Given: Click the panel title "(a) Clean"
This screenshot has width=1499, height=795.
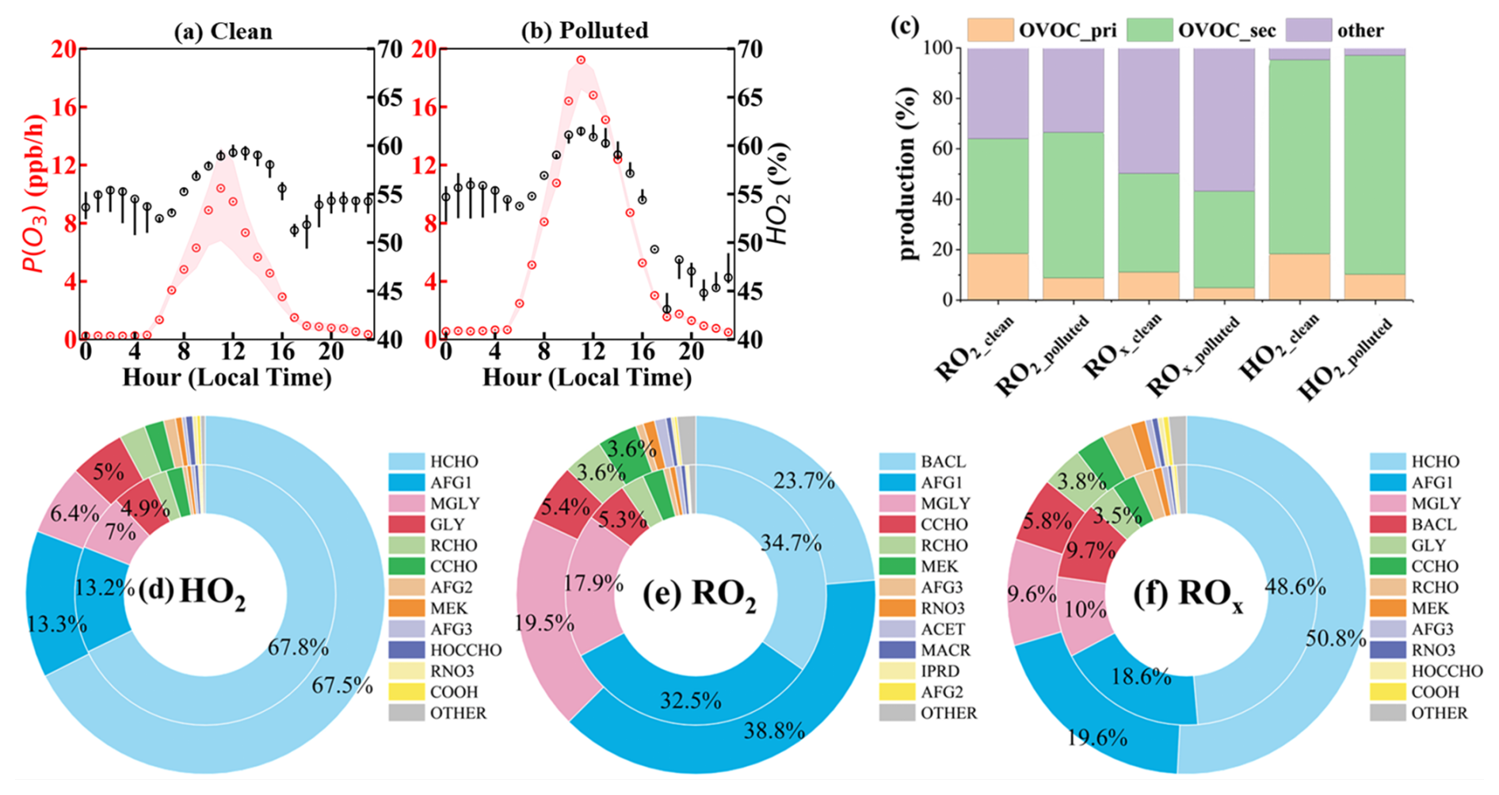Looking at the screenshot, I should coord(223,31).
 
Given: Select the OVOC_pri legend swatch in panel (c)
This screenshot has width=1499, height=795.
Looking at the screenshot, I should coord(990,30).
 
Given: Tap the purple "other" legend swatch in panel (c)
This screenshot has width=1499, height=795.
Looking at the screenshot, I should coord(1308,30).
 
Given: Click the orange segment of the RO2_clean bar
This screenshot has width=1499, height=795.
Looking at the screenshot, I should coord(998,276).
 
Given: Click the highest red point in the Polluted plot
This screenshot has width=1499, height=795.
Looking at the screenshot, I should coord(581,60).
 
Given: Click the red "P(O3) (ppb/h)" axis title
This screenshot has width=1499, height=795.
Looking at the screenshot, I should coord(35,194).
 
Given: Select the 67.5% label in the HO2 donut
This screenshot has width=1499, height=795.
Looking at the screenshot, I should coord(342,686).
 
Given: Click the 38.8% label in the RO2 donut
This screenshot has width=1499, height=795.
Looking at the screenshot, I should coord(774,730).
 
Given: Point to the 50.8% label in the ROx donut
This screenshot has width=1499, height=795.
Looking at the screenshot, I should coord(1337,638).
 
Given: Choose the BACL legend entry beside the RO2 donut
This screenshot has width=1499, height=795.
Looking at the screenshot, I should coord(943,462).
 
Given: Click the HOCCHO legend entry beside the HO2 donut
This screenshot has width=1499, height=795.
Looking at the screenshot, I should coord(465,650).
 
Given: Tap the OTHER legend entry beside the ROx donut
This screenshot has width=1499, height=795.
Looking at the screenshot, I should coord(1439,713).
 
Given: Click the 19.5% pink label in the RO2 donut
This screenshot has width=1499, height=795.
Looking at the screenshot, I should coord(545,623).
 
